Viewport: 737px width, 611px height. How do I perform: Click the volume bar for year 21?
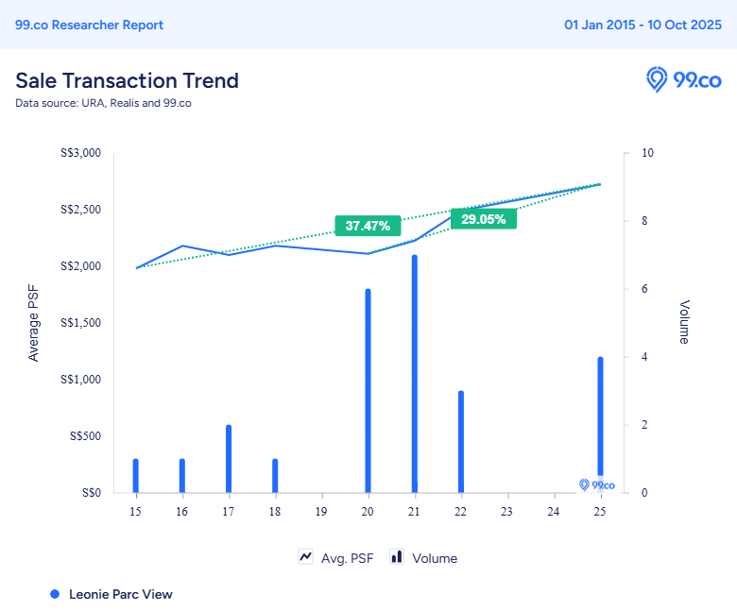click(414, 373)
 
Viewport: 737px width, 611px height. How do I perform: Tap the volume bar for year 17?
click(229, 458)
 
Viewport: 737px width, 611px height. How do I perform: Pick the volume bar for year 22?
click(461, 441)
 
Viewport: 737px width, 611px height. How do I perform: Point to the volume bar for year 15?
click(136, 475)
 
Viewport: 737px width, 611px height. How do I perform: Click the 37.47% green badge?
click(368, 226)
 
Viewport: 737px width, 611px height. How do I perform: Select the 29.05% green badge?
click(484, 219)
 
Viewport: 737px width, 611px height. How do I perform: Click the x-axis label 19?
click(321, 511)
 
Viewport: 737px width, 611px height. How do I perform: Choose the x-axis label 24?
click(553, 511)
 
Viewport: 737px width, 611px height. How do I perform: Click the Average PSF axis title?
click(34, 323)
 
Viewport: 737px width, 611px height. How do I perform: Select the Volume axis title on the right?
click(684, 322)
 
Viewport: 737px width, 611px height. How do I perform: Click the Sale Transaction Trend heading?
click(127, 80)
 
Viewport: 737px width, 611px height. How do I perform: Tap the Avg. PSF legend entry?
click(336, 558)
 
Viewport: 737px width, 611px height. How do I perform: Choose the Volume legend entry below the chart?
click(424, 558)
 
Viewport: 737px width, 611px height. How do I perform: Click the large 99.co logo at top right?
click(683, 80)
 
